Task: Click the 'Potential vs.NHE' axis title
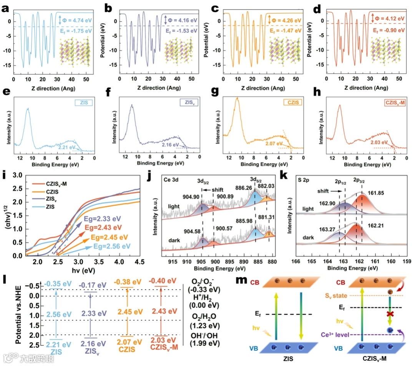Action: (18, 311)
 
